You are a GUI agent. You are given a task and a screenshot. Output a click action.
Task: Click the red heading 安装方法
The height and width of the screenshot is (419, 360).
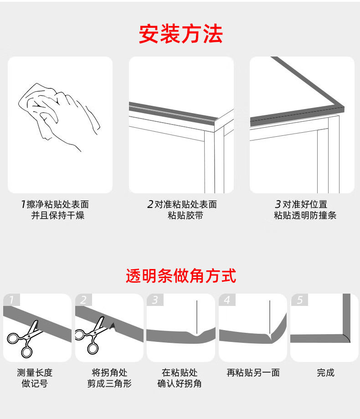(x=181, y=34)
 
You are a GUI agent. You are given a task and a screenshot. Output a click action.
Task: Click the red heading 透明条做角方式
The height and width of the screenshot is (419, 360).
(x=181, y=276)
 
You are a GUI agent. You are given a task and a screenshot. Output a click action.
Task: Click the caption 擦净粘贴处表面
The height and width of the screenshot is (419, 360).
(x=58, y=204)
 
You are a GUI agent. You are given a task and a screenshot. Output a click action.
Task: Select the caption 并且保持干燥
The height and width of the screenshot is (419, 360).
(x=58, y=215)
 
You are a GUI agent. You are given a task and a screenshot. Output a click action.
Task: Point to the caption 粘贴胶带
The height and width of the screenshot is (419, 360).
(x=185, y=215)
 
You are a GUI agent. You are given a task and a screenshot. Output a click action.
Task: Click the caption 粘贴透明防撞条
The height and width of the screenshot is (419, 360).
(x=305, y=215)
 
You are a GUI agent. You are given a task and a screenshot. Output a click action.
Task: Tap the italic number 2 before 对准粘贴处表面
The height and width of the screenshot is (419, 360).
(x=150, y=204)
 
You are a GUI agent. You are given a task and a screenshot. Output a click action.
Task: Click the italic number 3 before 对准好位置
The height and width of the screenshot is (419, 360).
(x=278, y=204)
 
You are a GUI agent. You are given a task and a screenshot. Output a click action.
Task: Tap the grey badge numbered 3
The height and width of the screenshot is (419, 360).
(x=155, y=300)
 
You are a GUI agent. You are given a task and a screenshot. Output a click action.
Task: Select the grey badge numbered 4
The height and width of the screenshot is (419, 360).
(x=227, y=300)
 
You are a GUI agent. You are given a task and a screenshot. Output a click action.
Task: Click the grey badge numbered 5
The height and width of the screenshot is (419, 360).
(x=299, y=300)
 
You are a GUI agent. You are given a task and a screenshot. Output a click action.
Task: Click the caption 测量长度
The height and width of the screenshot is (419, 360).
(x=35, y=372)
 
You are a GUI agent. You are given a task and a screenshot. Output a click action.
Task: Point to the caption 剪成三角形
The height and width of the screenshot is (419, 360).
(x=109, y=383)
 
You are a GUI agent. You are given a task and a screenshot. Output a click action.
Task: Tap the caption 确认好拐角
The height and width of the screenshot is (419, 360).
(x=180, y=383)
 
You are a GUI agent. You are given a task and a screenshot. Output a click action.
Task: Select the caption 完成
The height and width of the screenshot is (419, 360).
(x=325, y=372)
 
